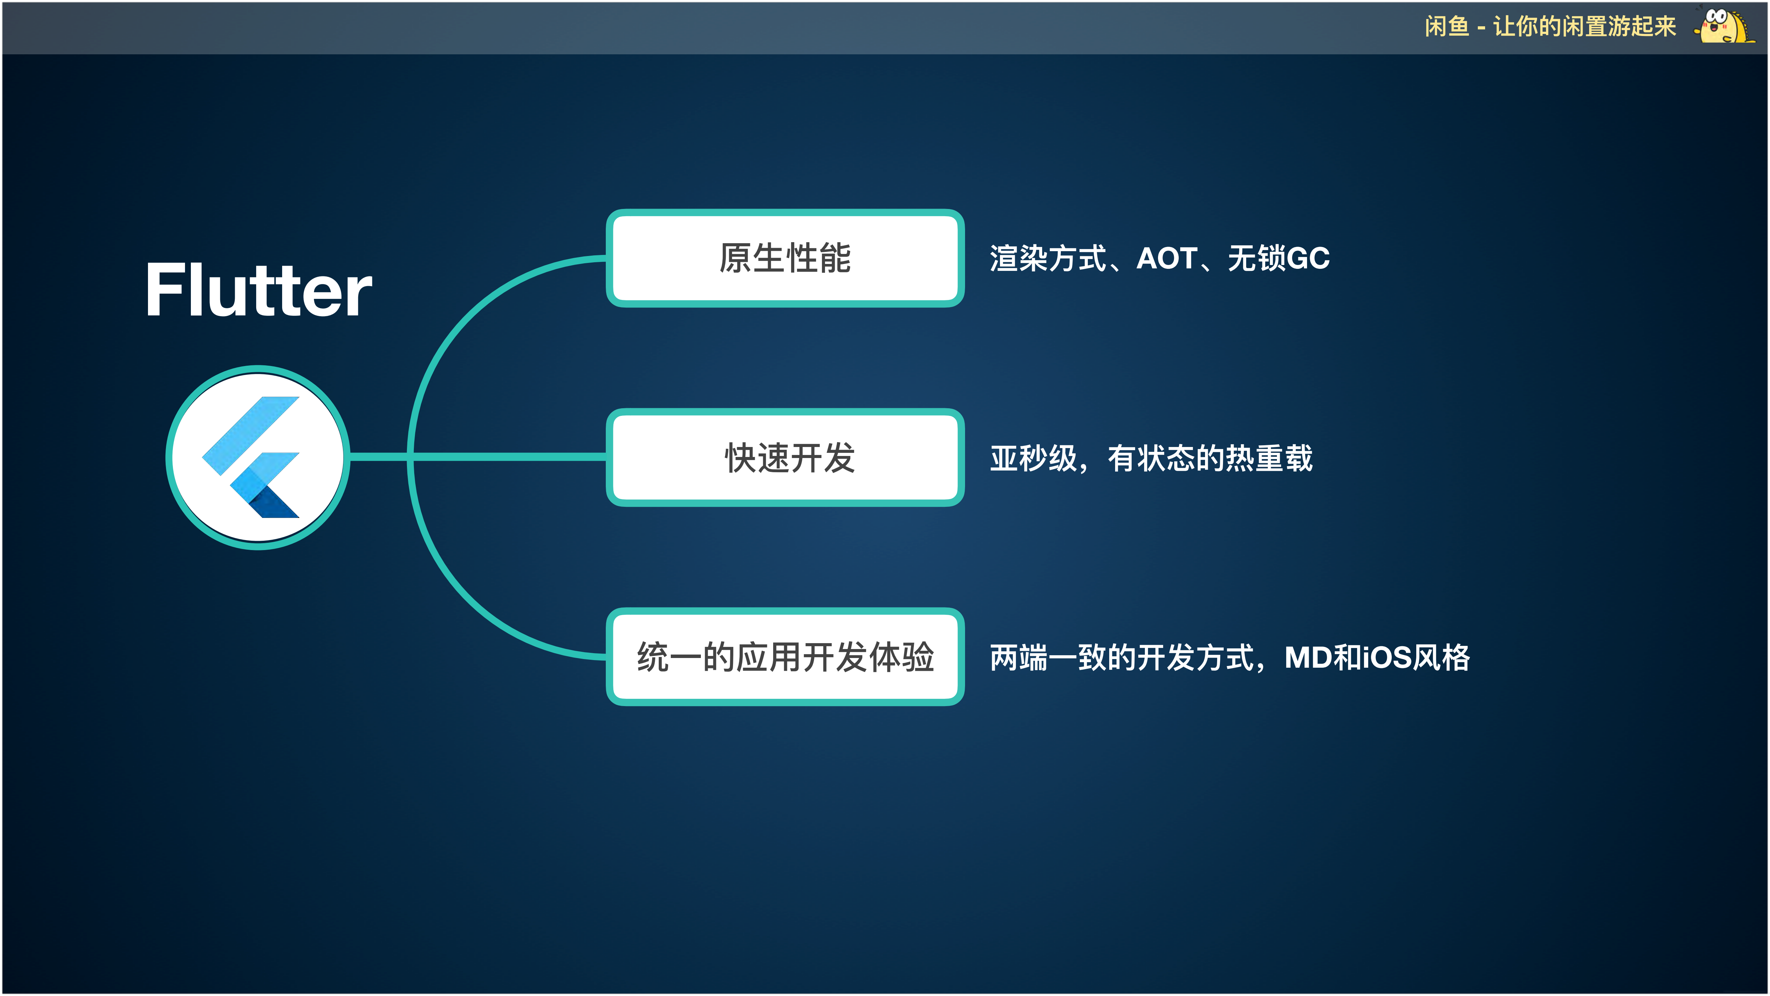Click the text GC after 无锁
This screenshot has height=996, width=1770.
pos(1308,258)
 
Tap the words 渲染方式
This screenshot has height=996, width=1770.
pos(1048,258)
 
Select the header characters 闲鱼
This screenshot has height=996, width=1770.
pos(1446,27)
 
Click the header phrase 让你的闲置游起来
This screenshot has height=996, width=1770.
pos(1584,27)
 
